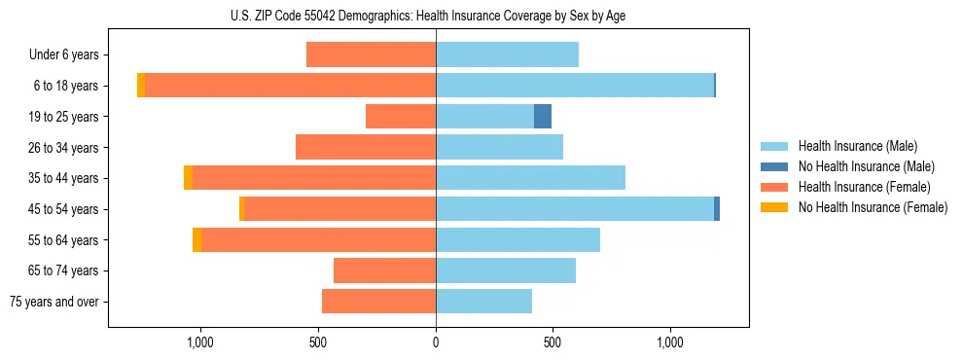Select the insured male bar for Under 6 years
coord(507,54)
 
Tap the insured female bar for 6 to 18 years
coord(290,86)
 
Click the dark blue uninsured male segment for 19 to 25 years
coord(543,117)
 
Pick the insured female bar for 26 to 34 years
coord(366,147)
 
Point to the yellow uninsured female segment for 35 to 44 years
coord(188,178)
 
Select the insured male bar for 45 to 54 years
coord(575,208)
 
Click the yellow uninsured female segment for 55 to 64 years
coord(197,239)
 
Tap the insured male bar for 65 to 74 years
coord(506,270)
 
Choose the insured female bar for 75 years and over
coord(378,302)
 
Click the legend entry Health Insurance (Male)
coord(857,146)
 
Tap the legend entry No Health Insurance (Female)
coord(873,207)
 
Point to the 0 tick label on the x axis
coord(436,343)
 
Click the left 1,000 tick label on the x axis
coord(199,343)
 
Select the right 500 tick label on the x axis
coord(553,343)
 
